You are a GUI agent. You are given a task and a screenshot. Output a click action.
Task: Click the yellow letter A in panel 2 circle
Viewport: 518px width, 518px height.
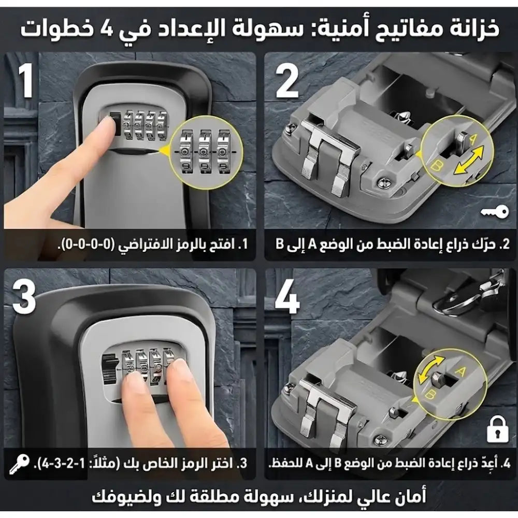click(472, 138)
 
